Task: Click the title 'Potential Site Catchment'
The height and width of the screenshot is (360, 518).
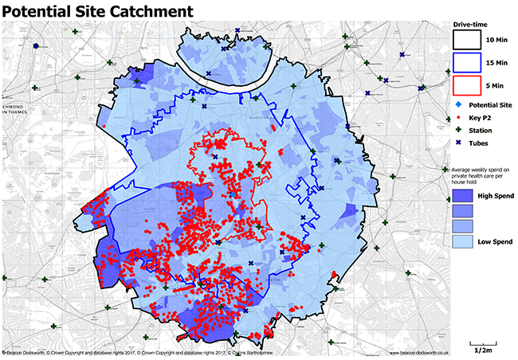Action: [97, 11]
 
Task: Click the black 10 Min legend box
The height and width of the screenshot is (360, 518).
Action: [469, 39]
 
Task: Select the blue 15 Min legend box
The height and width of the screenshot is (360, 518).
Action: [469, 61]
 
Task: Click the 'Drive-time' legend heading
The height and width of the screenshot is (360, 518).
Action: [470, 24]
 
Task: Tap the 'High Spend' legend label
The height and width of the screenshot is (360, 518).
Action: [495, 195]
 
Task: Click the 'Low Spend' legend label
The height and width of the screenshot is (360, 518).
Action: [495, 240]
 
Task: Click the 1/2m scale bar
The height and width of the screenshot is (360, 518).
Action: [482, 343]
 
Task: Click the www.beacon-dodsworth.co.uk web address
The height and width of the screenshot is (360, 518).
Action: [420, 353]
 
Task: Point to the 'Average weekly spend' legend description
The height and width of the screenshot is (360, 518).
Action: [482, 178]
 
